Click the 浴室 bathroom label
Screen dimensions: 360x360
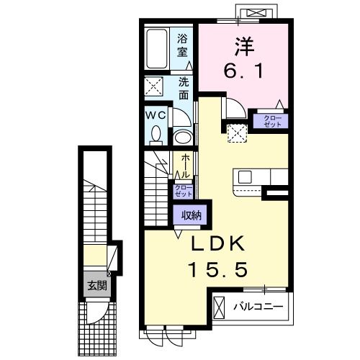[x=183, y=45]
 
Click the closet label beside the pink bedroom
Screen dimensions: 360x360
[x=274, y=121]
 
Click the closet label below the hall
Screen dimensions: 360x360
[x=183, y=191]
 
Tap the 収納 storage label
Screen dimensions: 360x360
[x=190, y=214]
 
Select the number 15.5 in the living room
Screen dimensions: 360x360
[x=219, y=270]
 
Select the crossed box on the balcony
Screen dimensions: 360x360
[x=220, y=307]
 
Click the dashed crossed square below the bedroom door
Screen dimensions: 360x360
[x=235, y=132]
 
